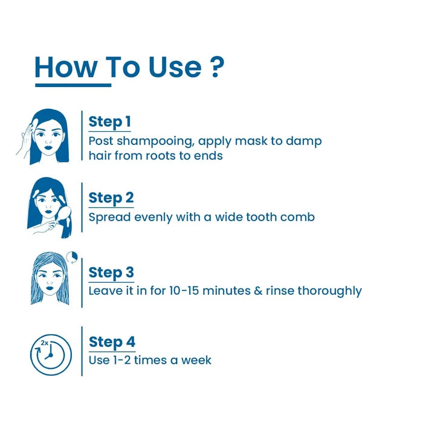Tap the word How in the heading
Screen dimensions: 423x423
pos(66,67)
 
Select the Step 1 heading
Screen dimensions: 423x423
pos(110,122)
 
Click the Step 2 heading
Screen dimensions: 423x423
pos(111,198)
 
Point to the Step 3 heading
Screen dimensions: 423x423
pos(111,273)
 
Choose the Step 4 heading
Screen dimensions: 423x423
pos(112,342)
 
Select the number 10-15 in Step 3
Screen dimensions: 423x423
pos(184,291)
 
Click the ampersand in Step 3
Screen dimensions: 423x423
pos(258,291)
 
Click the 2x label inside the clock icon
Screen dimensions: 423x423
pos(45,343)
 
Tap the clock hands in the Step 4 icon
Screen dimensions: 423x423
pos(50,352)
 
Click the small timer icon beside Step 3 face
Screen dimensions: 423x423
pos(72,257)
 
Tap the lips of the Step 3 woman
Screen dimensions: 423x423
pos(50,288)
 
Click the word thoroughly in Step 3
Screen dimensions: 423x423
pos(329,291)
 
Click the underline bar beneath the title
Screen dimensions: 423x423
pos(73,85)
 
